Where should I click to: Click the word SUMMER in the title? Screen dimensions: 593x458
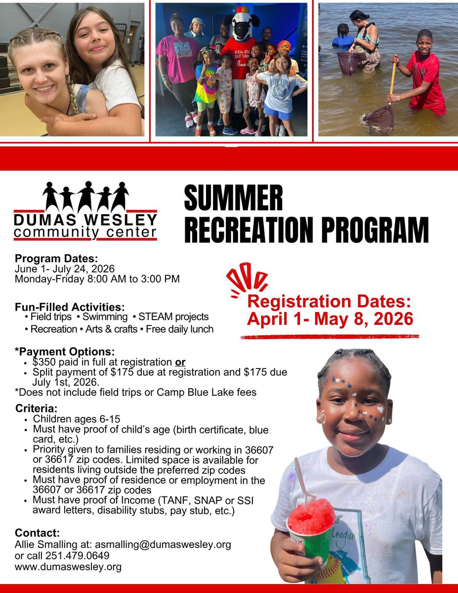pyautogui.click(x=233, y=198)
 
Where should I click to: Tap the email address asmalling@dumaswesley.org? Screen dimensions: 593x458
pyautogui.click(x=163, y=545)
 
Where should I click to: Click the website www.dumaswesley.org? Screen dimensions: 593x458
pyautogui.click(x=68, y=567)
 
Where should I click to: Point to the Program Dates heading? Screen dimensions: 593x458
pyautogui.click(x=57, y=258)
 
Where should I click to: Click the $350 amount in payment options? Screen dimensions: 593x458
pyautogui.click(x=44, y=362)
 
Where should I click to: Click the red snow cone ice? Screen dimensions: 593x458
pyautogui.click(x=311, y=515)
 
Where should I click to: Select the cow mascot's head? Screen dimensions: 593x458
pyautogui.click(x=239, y=25)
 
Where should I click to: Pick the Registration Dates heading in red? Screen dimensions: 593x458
pyautogui.click(x=329, y=302)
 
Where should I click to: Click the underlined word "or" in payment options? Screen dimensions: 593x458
pyautogui.click(x=181, y=362)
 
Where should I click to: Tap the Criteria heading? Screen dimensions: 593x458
pyautogui.click(x=36, y=409)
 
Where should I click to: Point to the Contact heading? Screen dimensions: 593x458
pyautogui.click(x=38, y=533)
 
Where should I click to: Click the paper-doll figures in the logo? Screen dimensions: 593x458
pyautogui.click(x=85, y=196)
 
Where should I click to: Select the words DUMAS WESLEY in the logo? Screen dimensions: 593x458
pyautogui.click(x=85, y=220)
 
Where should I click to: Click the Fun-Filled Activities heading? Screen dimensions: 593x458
pyautogui.click(x=69, y=306)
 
